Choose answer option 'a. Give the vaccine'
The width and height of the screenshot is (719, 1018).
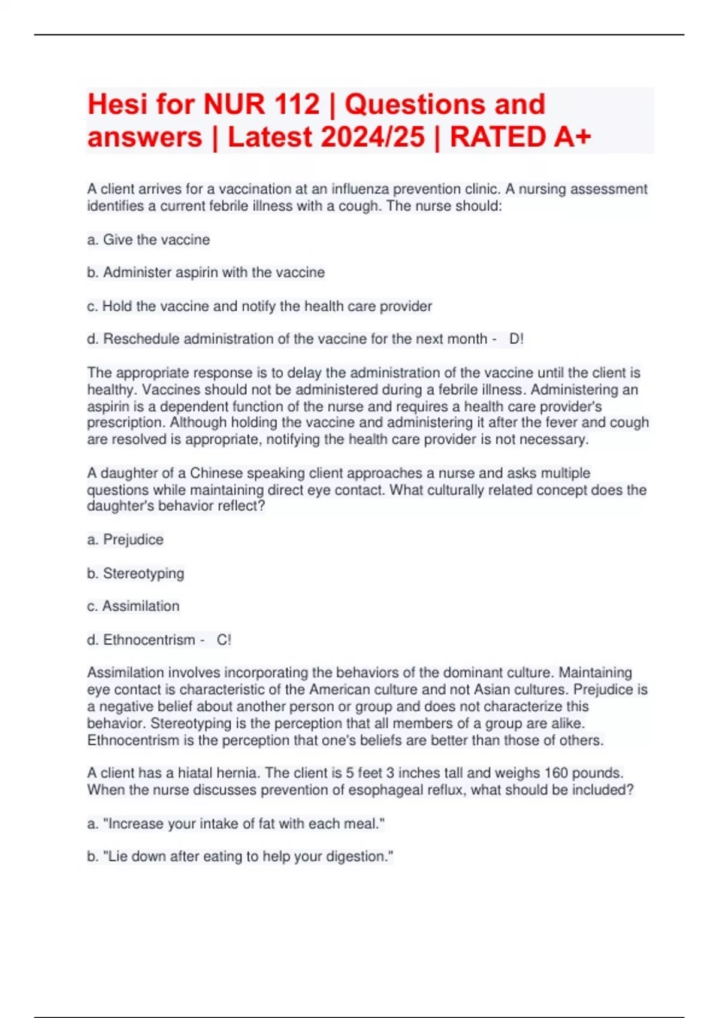pos(149,240)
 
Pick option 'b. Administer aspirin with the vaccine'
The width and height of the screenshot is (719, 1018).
pos(206,272)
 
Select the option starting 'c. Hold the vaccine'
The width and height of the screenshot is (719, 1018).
pos(259,306)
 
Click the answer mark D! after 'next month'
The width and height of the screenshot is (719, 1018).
pos(516,339)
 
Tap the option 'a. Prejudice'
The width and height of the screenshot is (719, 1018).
pos(125,540)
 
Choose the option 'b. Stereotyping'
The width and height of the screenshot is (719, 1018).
pos(135,573)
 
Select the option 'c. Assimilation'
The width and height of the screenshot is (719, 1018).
pos(133,606)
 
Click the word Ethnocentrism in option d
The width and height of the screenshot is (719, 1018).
pos(149,640)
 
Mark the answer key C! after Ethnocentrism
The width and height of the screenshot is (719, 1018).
pos(223,640)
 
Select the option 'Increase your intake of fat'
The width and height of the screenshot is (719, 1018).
pos(236,823)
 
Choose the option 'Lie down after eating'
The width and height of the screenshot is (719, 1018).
pos(240,856)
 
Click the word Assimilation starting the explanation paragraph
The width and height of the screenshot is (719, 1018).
pos(125,672)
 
